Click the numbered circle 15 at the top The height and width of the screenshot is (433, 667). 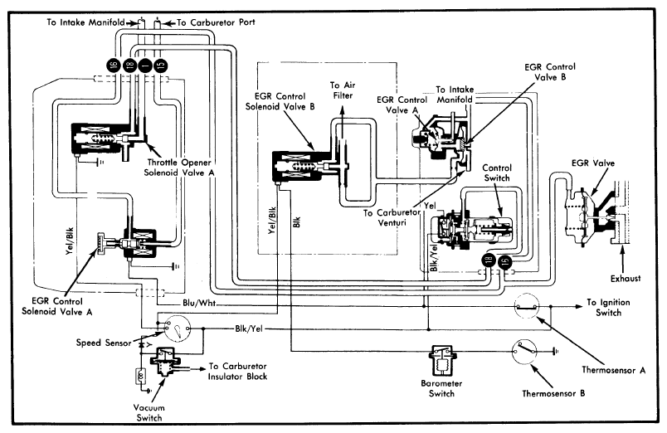click(161, 64)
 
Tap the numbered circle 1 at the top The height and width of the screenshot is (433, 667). click(146, 64)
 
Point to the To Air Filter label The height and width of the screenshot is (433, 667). click(343, 90)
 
